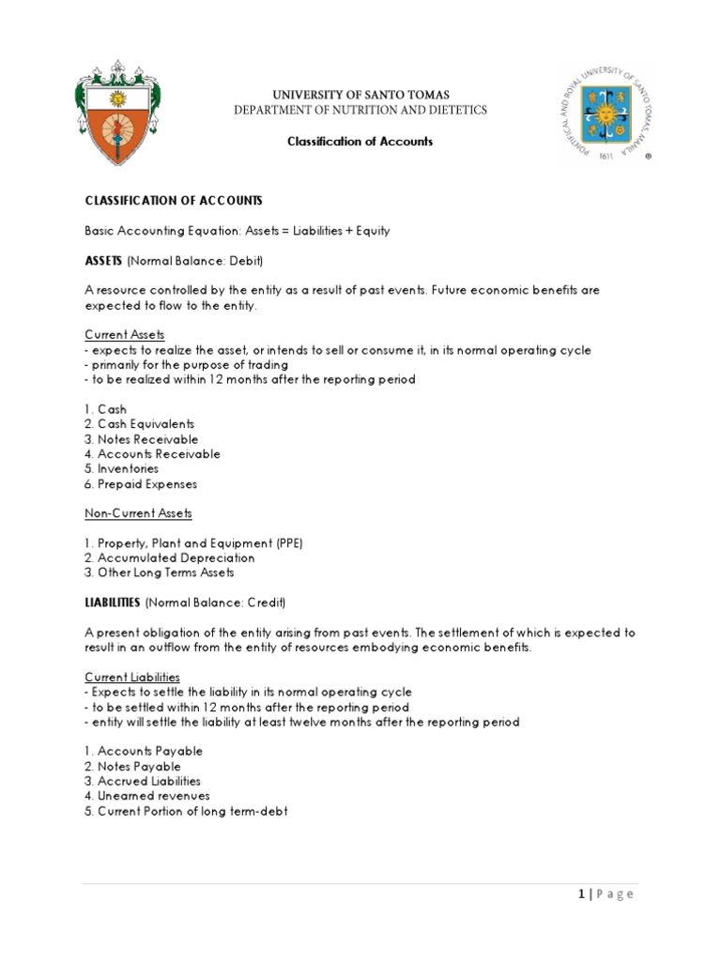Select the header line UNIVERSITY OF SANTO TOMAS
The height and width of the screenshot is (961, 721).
360,95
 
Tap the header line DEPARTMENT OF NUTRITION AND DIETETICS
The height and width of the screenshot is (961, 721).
360,111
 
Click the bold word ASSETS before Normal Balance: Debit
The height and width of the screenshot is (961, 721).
104,260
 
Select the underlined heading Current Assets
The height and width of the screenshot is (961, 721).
125,335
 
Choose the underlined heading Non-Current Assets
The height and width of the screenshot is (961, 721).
139,513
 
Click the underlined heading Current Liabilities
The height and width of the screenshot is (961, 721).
132,677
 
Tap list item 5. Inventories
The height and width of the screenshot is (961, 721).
122,468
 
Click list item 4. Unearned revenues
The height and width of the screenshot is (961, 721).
147,796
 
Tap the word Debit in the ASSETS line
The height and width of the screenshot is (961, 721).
247,260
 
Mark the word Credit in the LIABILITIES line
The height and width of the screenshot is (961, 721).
265,602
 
